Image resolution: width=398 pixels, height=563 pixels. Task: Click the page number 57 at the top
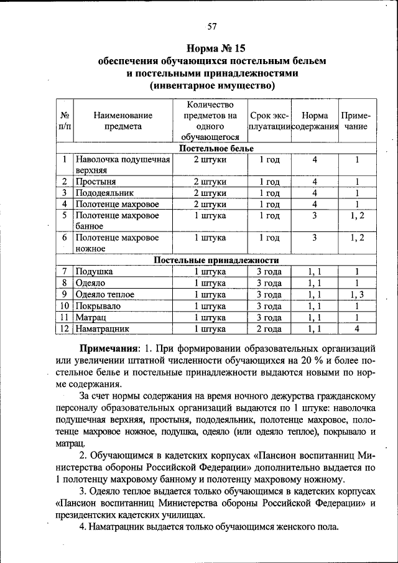212,26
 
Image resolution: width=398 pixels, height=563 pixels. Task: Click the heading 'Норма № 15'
212,49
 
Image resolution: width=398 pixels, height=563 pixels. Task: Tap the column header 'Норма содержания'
315,121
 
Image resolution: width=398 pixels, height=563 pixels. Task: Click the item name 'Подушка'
94,272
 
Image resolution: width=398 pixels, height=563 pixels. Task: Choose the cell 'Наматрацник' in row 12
102,328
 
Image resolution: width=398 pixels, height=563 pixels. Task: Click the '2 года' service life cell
269,328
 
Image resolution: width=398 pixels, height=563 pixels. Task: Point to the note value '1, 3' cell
357,294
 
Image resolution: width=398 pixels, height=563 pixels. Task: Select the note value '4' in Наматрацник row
357,328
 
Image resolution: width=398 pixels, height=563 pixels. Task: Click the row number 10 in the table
65,306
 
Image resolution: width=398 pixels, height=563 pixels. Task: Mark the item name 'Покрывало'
98,306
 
